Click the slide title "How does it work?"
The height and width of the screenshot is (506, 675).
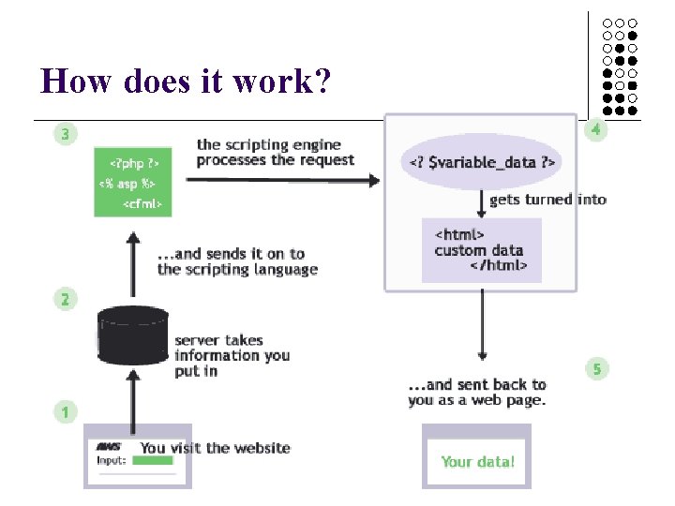(x=186, y=82)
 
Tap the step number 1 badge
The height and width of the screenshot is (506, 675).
(x=64, y=411)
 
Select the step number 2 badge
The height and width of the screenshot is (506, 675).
(x=64, y=300)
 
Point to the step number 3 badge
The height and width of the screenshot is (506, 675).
(x=64, y=135)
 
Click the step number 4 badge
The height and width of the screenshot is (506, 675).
(x=595, y=131)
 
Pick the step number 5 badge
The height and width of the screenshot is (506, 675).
(x=595, y=369)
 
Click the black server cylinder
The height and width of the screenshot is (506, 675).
(x=133, y=341)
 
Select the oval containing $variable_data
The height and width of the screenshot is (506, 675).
(x=482, y=163)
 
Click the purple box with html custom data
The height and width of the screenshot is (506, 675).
(x=482, y=250)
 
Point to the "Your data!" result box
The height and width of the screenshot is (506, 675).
(x=477, y=460)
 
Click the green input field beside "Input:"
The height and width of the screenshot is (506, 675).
(x=153, y=461)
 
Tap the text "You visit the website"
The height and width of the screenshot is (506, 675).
(x=215, y=448)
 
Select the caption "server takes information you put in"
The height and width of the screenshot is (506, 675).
(x=231, y=355)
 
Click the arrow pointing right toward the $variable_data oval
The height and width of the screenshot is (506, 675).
(x=281, y=181)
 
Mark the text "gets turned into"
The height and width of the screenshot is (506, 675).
(x=547, y=199)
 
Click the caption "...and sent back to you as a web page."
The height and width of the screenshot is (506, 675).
(x=476, y=393)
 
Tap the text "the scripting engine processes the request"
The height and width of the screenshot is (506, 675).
(x=275, y=152)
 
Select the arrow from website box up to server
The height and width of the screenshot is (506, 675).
(x=133, y=403)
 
